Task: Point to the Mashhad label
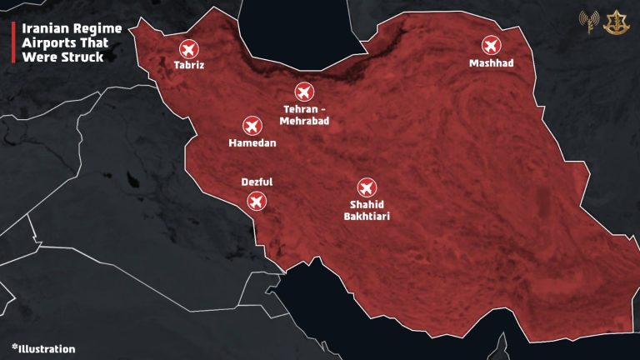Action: pos(491,63)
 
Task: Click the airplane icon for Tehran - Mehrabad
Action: pos(304,92)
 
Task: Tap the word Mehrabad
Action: pos(304,122)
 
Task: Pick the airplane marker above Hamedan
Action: pos(252,126)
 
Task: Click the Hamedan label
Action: pos(252,143)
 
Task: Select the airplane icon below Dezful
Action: pos(257,201)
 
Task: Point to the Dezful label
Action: pos(256,182)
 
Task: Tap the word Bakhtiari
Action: pos(367,216)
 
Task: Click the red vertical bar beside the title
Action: pos(12,42)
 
